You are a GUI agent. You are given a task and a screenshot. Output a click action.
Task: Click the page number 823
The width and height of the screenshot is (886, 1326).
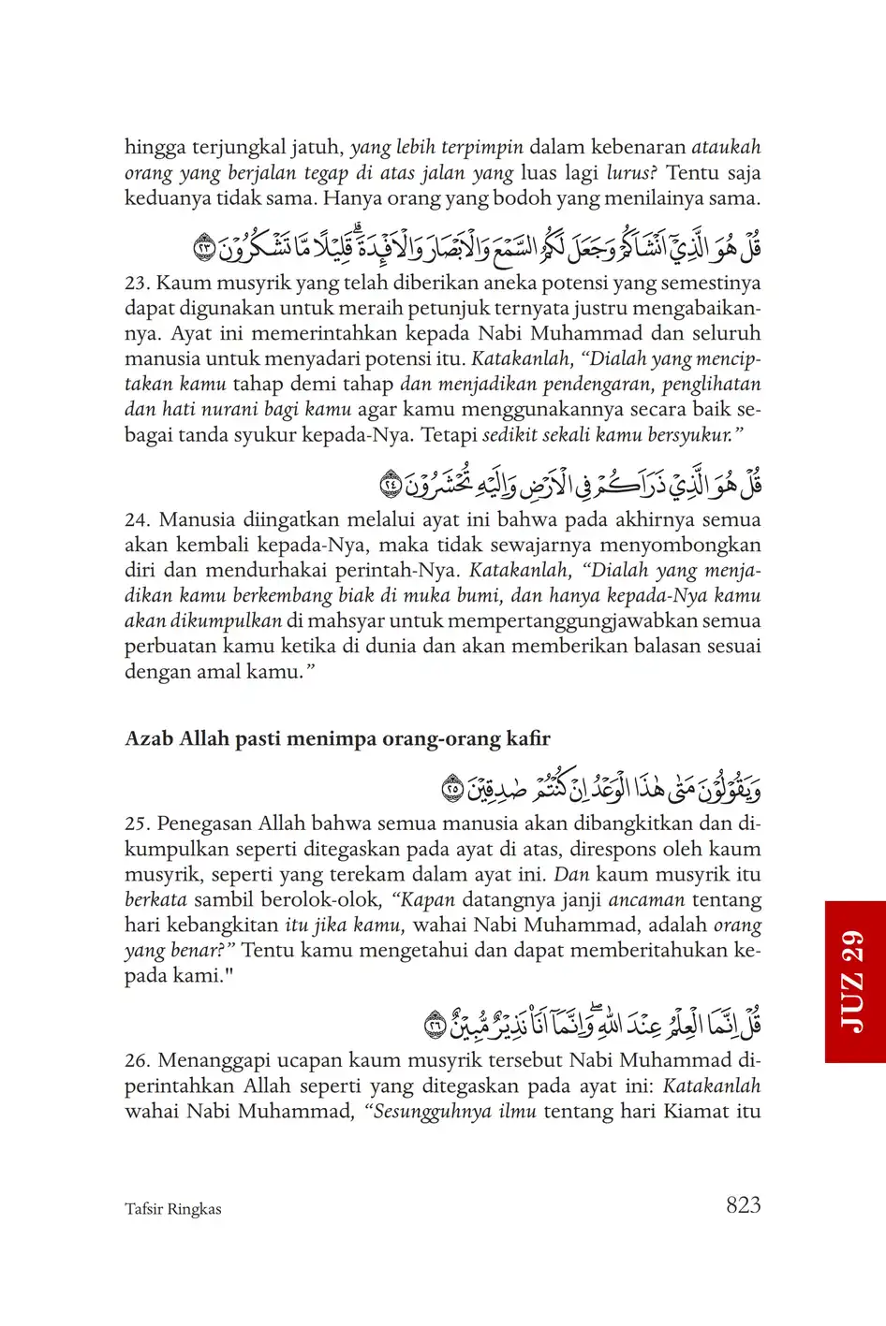[743, 1205]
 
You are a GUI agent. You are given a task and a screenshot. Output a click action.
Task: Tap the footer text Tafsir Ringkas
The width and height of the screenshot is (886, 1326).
[173, 1209]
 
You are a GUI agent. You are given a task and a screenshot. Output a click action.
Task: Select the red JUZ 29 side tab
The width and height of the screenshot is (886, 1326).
[854, 982]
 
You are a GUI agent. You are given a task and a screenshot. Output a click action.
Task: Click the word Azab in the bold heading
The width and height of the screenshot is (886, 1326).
[149, 739]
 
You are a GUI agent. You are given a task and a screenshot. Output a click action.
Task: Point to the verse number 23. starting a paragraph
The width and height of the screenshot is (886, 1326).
[138, 284]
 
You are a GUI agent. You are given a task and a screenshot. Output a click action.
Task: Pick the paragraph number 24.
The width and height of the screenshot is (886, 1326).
[138, 520]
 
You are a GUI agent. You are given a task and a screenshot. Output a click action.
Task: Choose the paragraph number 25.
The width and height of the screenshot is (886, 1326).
[138, 824]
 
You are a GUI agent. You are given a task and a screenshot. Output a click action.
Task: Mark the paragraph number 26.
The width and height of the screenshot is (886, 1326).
[138, 1061]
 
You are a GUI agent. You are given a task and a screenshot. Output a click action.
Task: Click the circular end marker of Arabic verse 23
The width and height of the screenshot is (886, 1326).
[205, 249]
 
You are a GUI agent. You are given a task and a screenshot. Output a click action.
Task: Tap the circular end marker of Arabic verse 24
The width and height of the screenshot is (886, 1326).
[391, 486]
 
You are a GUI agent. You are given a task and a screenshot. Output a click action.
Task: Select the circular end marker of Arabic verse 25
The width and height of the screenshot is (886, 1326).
[453, 790]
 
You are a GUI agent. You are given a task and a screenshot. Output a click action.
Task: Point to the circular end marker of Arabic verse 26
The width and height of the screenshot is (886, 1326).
[436, 1027]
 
